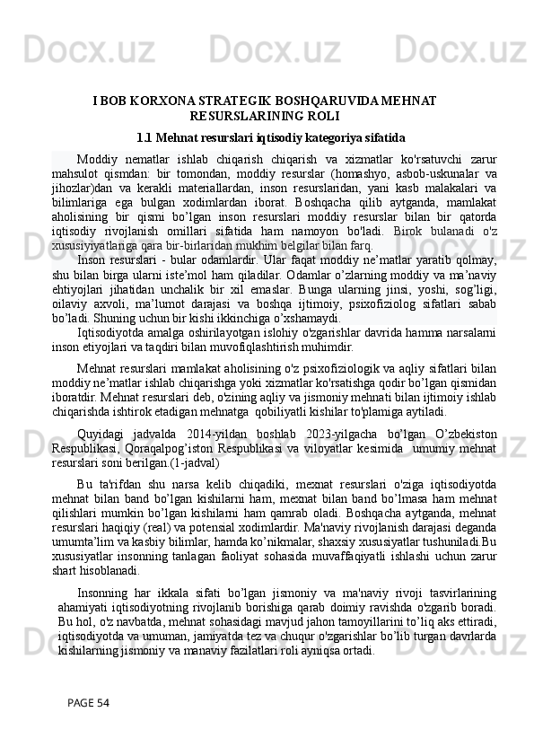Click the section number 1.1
(144, 139)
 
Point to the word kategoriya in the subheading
(329, 139)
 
